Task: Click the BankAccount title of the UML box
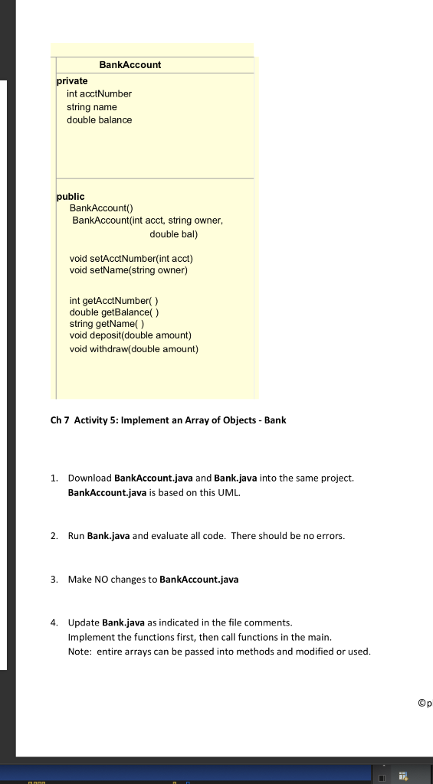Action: click(x=130, y=65)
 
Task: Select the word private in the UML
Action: click(x=72, y=80)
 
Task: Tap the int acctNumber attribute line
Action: click(x=99, y=93)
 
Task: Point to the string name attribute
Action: click(x=91, y=107)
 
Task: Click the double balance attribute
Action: click(x=99, y=120)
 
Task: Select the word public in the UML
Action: click(x=71, y=197)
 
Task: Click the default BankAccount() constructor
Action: click(x=101, y=208)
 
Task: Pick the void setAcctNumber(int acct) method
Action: click(x=126, y=258)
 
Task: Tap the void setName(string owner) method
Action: click(x=128, y=270)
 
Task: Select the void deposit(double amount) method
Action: click(x=130, y=335)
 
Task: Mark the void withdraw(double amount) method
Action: click(x=133, y=349)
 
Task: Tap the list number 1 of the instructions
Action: click(x=55, y=478)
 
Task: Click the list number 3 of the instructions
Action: click(x=55, y=580)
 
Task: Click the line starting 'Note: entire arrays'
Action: click(x=219, y=652)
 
